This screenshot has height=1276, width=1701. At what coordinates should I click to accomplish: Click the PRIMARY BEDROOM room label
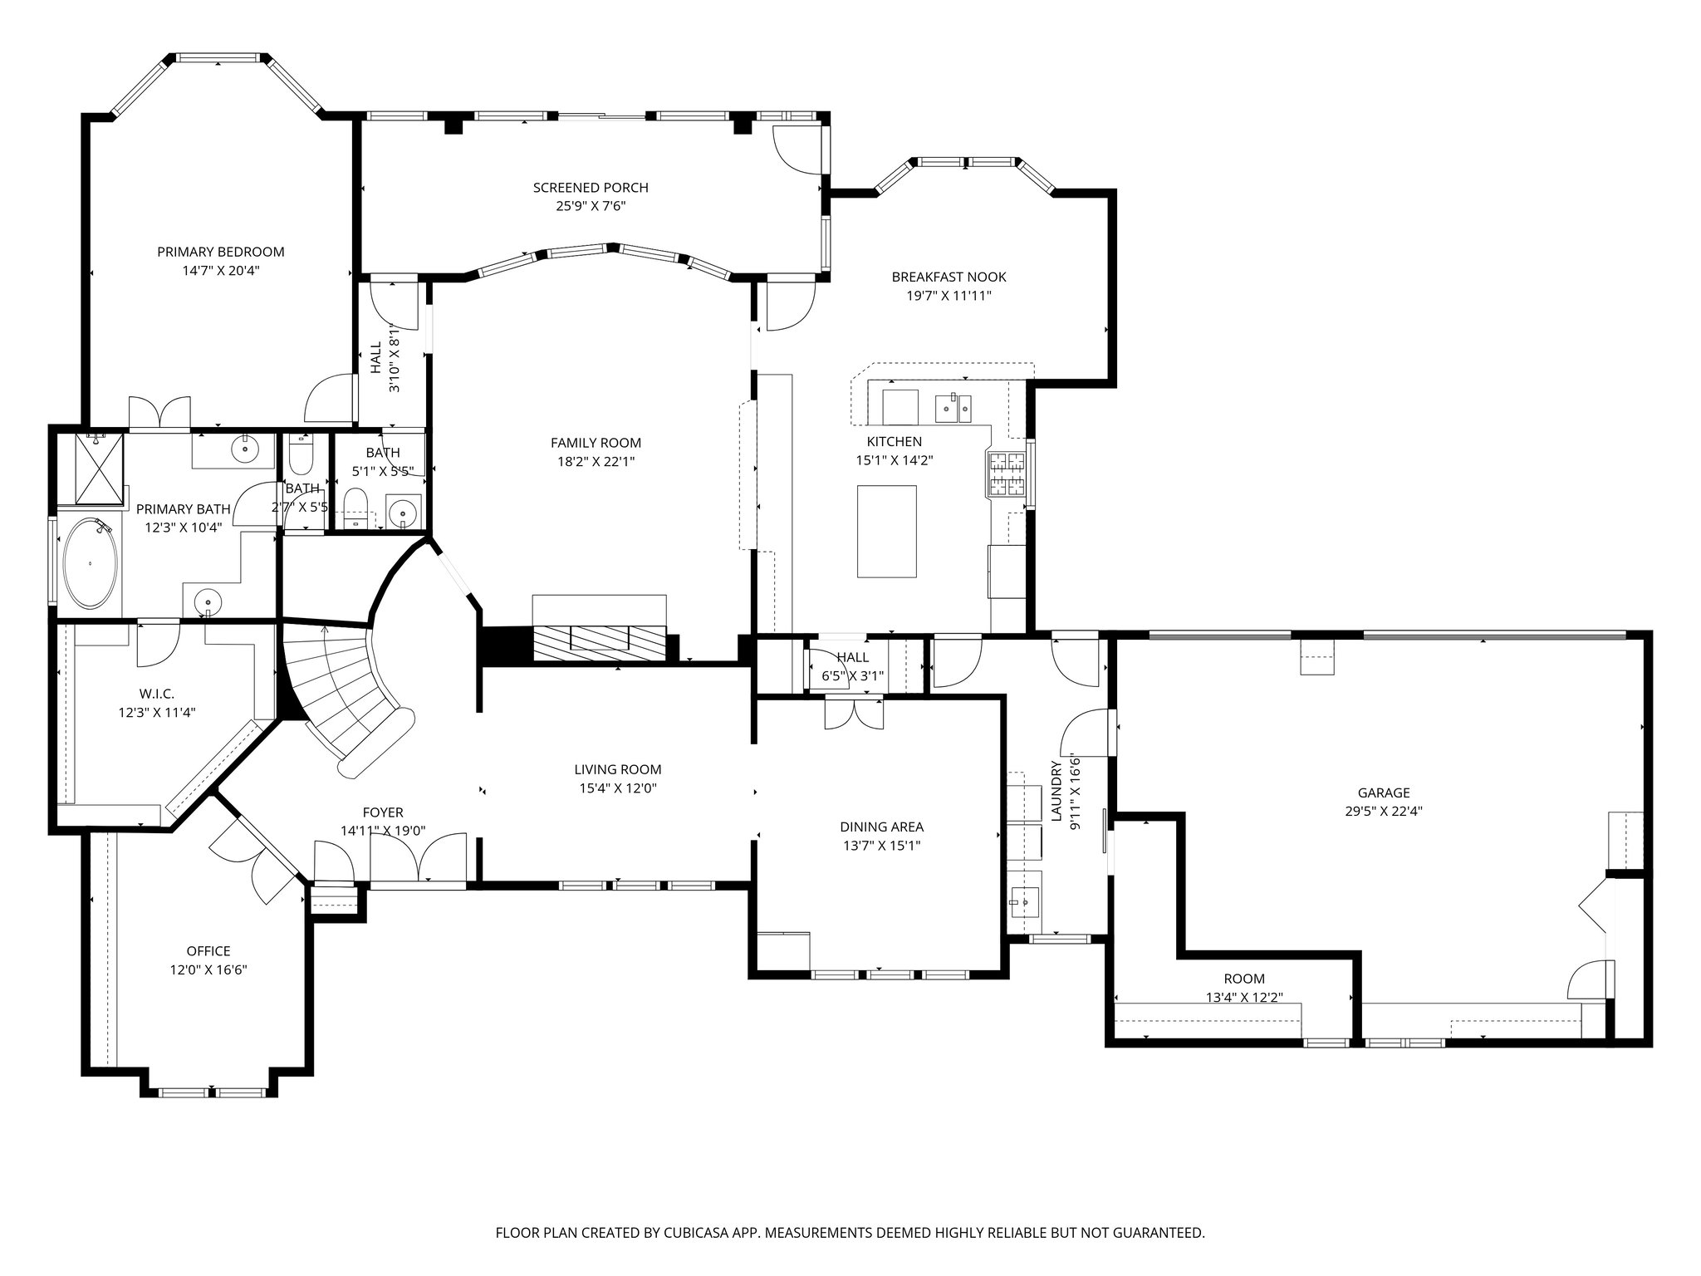pyautogui.click(x=220, y=252)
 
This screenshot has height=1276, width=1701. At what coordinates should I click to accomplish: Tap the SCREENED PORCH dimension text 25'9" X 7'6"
pyautogui.click(x=591, y=205)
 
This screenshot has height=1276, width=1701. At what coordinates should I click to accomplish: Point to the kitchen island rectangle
pyautogui.click(x=887, y=531)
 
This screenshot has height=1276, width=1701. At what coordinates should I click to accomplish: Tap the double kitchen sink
pyautogui.click(x=953, y=408)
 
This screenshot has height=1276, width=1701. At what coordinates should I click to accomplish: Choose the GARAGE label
pyautogui.click(x=1384, y=793)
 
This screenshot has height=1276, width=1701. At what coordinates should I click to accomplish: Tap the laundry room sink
pyautogui.click(x=1023, y=900)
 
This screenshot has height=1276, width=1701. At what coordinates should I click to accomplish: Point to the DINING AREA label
pyautogui.click(x=881, y=827)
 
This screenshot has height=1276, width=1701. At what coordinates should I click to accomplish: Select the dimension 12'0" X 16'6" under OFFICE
pyautogui.click(x=208, y=969)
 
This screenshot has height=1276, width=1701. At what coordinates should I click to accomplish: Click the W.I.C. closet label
pyautogui.click(x=157, y=694)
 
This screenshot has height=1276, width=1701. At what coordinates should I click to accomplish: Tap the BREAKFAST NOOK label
pyautogui.click(x=949, y=277)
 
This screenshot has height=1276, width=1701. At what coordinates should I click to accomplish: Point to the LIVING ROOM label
pyautogui.click(x=617, y=769)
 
